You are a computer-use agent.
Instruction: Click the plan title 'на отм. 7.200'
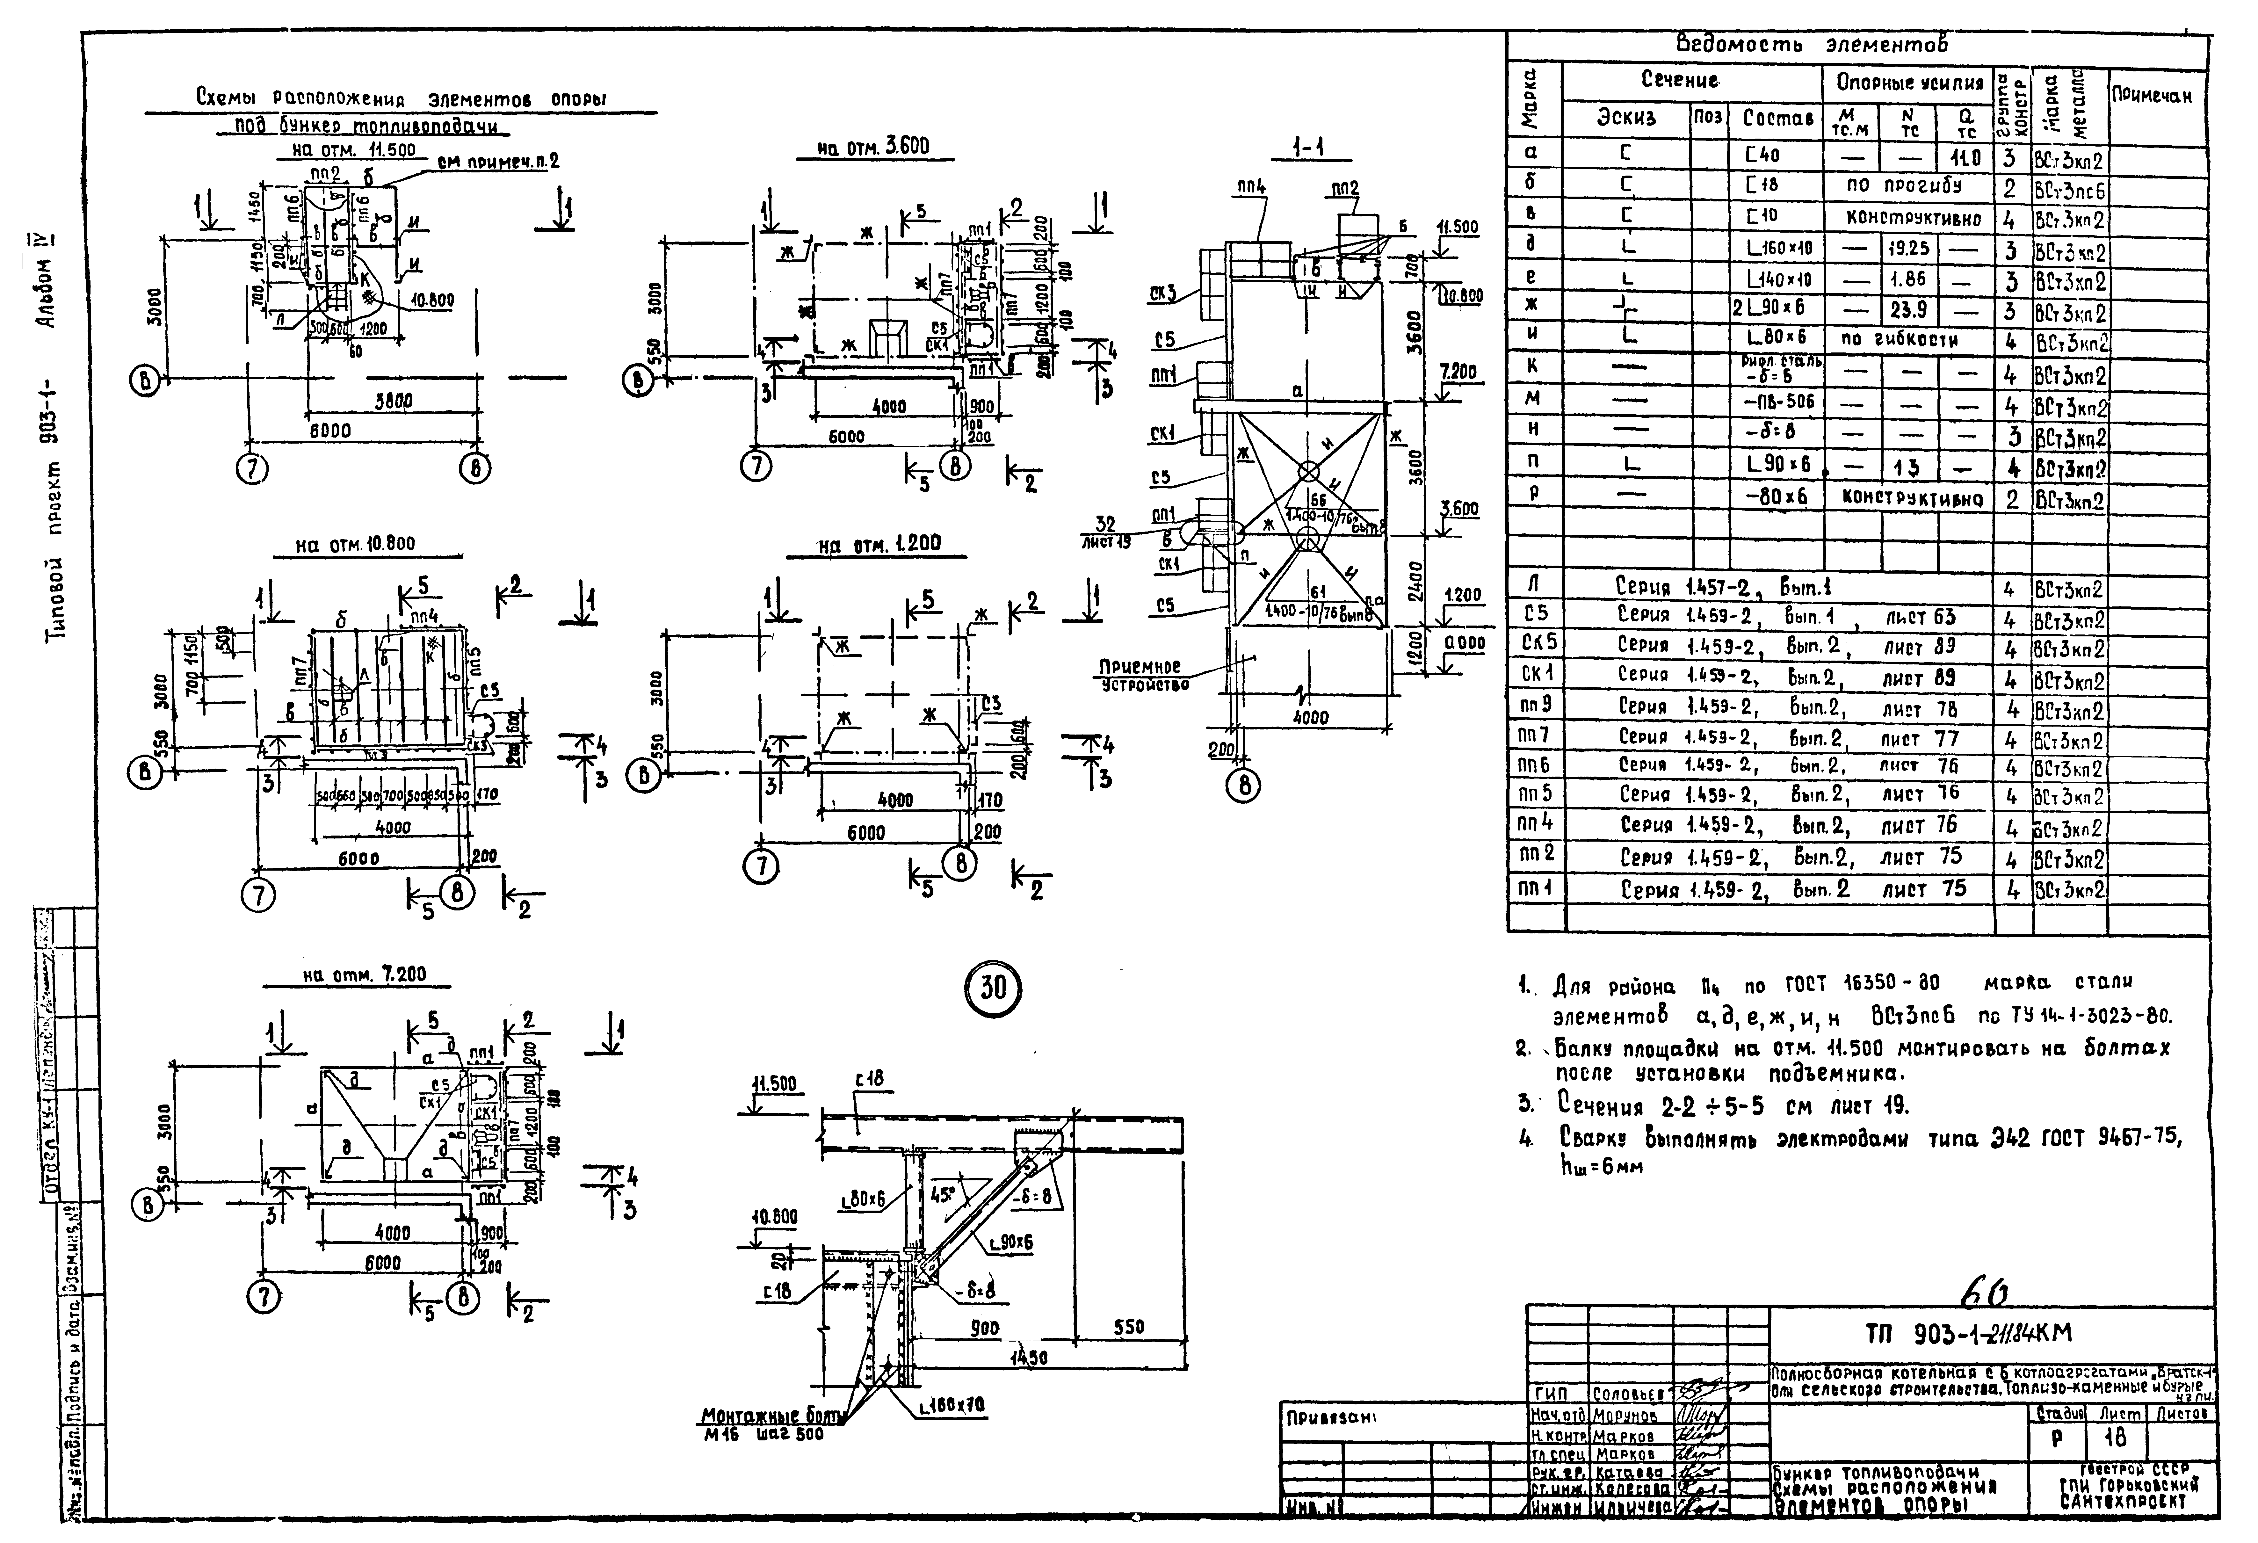(x=364, y=974)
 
